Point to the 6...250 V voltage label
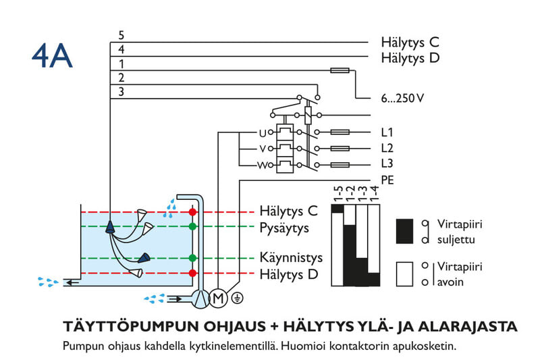(x=402, y=99)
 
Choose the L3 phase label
(x=387, y=164)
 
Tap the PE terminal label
(x=387, y=180)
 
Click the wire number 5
(x=121, y=35)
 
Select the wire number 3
(x=121, y=92)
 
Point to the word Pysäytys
(x=284, y=228)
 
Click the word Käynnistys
(x=291, y=257)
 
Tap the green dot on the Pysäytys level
(x=193, y=226)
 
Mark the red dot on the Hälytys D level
(x=193, y=273)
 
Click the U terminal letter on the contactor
(x=263, y=132)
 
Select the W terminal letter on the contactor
(x=262, y=165)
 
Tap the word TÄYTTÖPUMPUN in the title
(x=128, y=328)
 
